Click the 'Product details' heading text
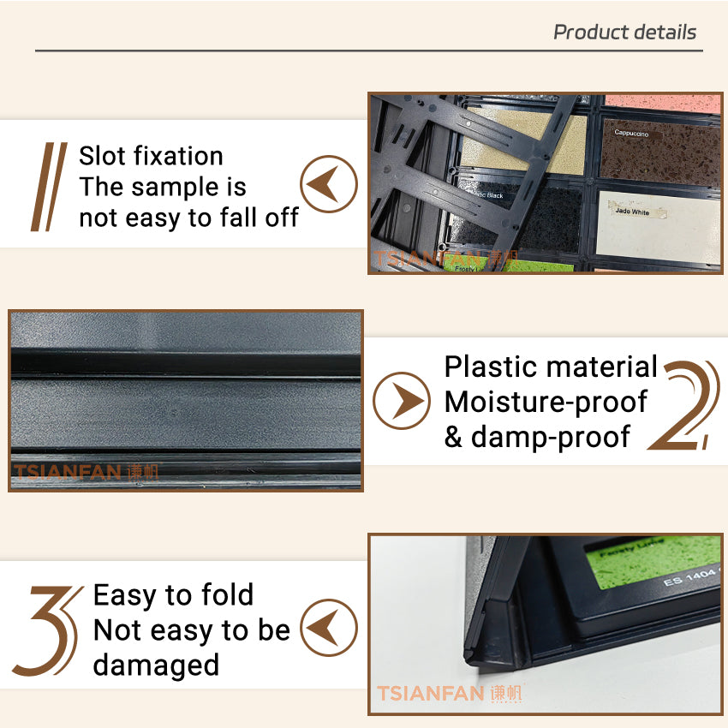624,33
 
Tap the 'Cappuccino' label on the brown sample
631,134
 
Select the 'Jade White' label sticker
632,212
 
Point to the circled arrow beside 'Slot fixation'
329,184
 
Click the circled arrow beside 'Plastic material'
402,400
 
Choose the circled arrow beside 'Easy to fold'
329,629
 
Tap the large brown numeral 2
685,405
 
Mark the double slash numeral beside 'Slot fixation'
49,187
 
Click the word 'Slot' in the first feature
105,156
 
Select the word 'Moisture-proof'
546,402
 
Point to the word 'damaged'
156,665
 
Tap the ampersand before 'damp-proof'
453,437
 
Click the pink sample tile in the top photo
661,104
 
